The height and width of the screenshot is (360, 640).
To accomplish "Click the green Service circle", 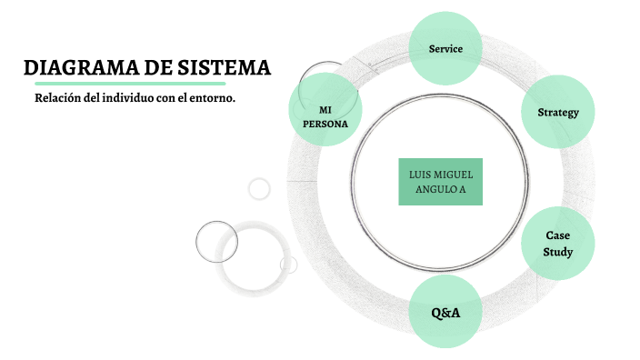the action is [x=445, y=48].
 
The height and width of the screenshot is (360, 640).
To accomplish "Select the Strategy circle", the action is [x=558, y=112].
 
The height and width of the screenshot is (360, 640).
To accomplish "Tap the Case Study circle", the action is [x=557, y=243].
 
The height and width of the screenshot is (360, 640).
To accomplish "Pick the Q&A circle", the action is [x=445, y=313].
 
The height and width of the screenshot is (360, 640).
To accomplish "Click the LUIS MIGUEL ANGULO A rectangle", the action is [x=440, y=182].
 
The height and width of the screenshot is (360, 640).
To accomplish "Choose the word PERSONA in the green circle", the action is [x=325, y=124].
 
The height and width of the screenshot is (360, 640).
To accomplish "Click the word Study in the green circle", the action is [x=557, y=251].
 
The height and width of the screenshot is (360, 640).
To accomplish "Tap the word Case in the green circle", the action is [x=557, y=235].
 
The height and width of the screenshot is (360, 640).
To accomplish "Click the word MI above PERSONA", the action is [x=325, y=110].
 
